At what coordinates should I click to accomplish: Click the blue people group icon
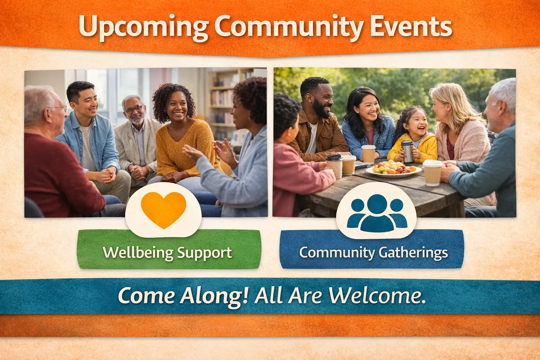[377, 213]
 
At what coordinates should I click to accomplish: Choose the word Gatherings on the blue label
[413, 253]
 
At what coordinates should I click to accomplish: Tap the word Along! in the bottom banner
[214, 296]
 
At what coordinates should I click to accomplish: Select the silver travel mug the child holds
[407, 152]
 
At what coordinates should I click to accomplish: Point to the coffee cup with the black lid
[335, 166]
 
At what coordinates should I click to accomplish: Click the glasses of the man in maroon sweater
[59, 108]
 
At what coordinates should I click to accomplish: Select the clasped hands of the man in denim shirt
[106, 175]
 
